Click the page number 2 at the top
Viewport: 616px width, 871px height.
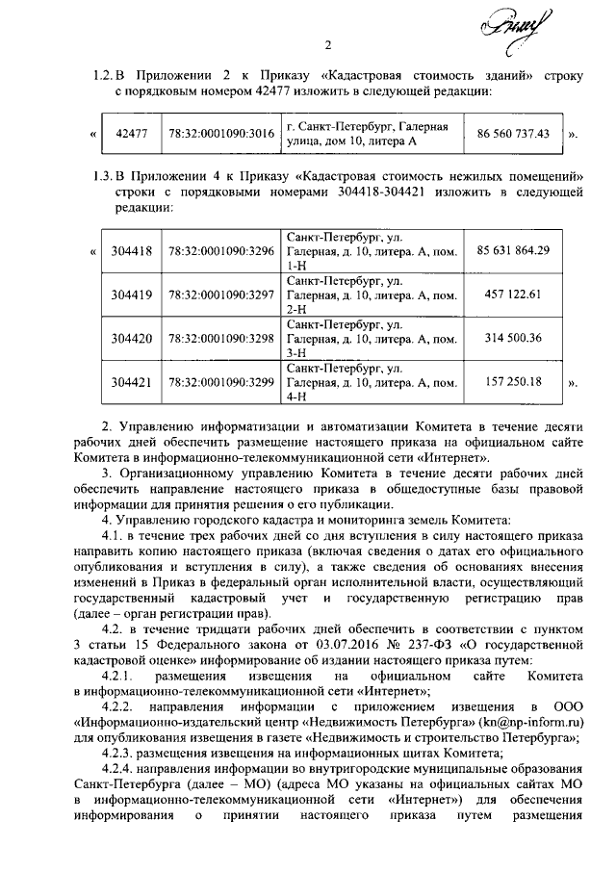[x=327, y=44]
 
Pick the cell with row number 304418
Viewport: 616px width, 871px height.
[x=131, y=251]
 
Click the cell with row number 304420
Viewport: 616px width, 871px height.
[x=131, y=339]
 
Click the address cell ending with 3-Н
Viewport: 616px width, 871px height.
[x=370, y=339]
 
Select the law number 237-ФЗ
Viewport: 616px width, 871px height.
[x=399, y=648]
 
